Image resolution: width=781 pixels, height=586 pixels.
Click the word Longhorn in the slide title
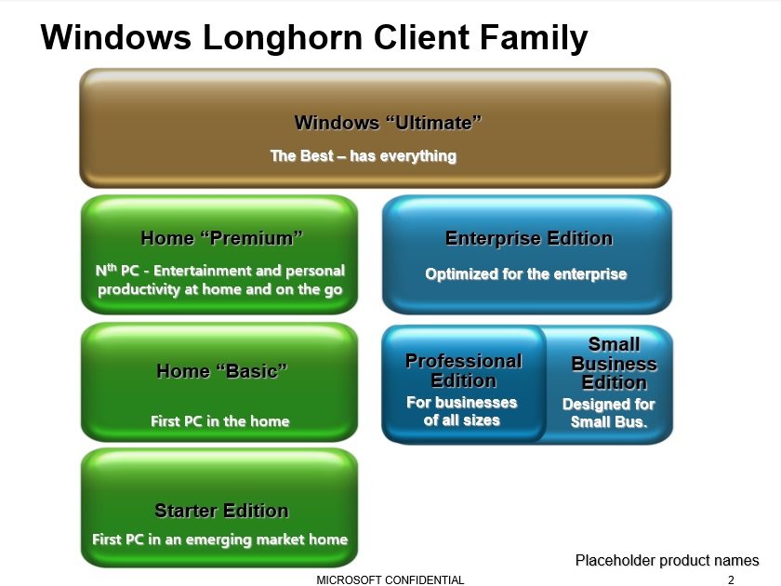click(283, 37)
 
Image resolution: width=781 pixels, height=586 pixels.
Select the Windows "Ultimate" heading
click(388, 123)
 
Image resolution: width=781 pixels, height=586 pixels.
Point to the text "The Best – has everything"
click(364, 156)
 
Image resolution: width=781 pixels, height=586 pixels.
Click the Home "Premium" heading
click(221, 238)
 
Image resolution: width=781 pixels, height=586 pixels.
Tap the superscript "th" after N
click(113, 267)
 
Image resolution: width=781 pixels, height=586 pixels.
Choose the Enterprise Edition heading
click(529, 238)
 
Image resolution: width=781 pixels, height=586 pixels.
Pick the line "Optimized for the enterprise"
click(526, 274)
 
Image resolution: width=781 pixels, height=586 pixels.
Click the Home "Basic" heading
click(221, 371)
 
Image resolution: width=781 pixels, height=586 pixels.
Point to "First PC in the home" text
click(220, 421)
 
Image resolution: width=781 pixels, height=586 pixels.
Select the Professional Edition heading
click(464, 371)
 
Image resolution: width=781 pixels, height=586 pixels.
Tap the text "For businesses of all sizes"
click(462, 411)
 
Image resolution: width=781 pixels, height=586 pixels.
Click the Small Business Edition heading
click(615, 364)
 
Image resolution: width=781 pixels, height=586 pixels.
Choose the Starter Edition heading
click(221, 511)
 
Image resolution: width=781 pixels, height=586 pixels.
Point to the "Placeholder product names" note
click(668, 560)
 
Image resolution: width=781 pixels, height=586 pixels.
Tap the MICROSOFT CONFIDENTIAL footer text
click(390, 580)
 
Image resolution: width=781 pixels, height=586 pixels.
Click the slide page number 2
click(731, 580)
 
